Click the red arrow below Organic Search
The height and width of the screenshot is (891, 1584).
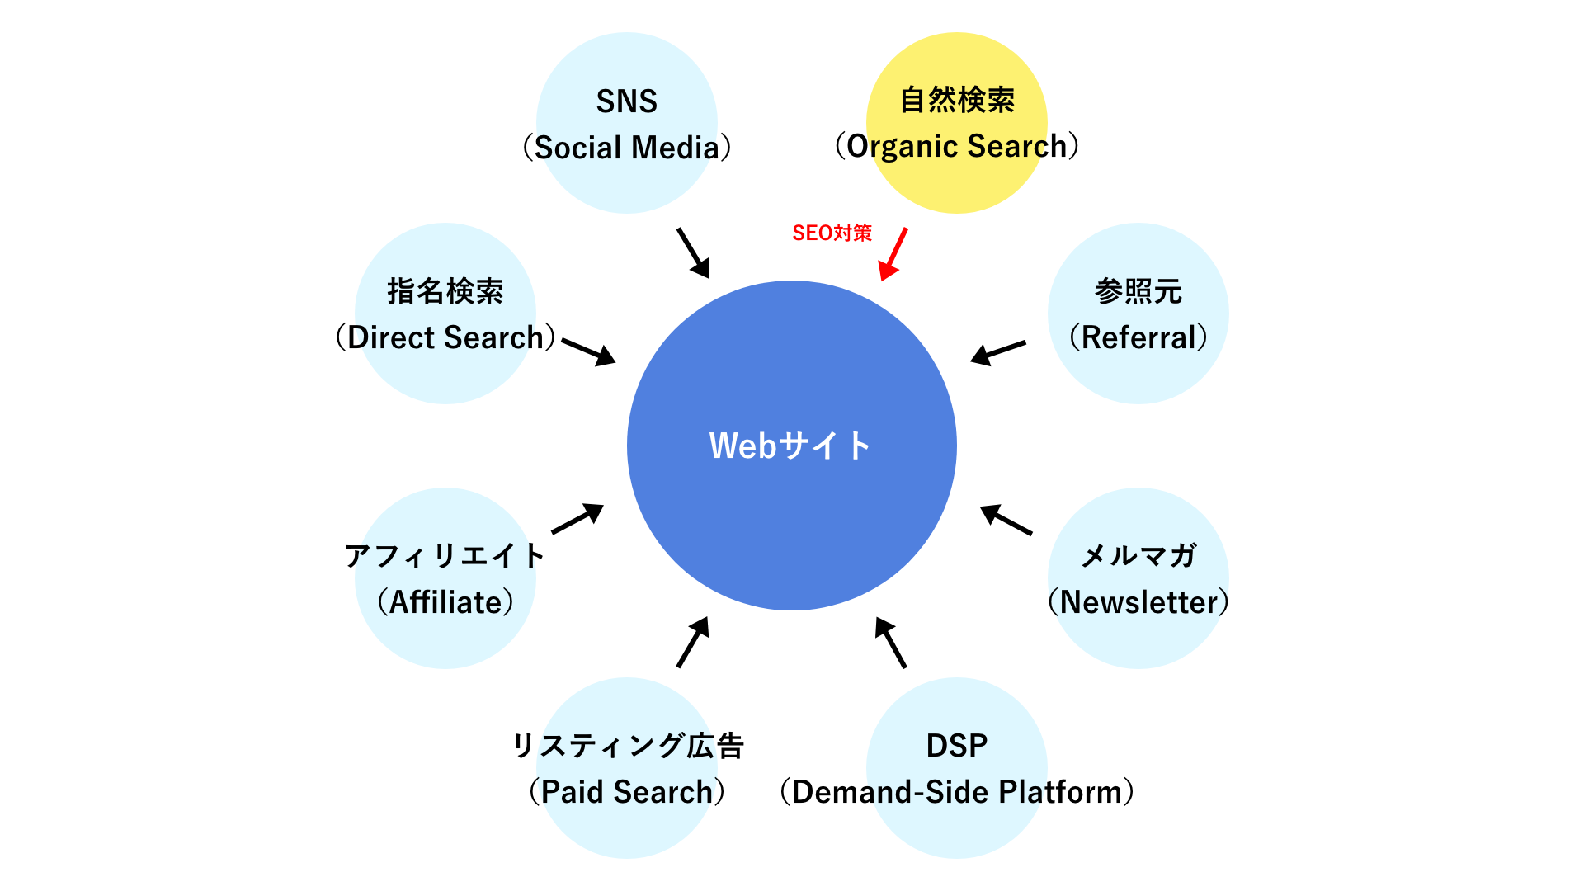893,254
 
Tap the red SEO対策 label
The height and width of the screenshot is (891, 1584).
832,233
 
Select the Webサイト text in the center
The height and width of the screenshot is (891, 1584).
790,445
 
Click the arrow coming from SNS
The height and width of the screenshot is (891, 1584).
693,252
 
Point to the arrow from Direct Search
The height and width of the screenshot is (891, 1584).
588,351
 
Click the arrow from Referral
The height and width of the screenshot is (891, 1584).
998,351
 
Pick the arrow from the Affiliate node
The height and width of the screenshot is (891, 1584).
577,519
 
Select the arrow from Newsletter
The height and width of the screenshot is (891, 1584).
1006,520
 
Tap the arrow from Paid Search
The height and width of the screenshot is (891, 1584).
693,642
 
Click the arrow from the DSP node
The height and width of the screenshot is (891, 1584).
891,642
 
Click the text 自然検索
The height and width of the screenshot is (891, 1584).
957,101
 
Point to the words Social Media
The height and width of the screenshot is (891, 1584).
627,148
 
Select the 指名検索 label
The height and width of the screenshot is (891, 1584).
445,291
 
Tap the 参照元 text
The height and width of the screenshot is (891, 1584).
1138,291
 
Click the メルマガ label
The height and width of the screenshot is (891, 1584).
1138,556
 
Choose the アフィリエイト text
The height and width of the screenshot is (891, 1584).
445,556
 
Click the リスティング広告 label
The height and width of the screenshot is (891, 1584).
628,746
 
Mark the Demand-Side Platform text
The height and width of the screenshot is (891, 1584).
957,792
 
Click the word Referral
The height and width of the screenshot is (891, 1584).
1138,337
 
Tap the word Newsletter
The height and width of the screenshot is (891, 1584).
1138,602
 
